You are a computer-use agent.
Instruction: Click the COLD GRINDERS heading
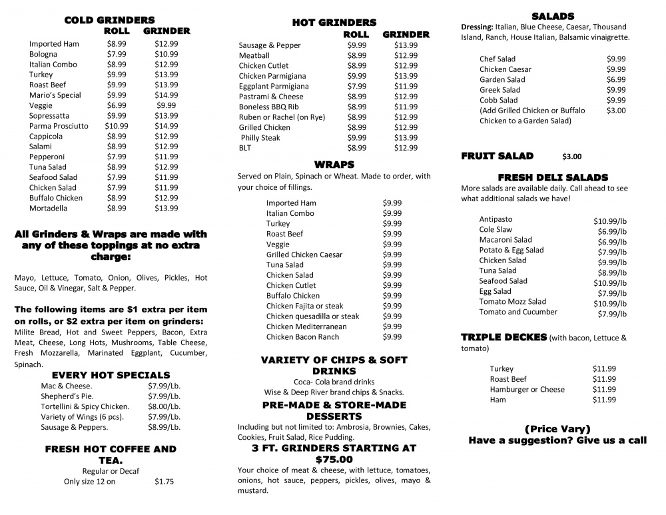pos(109,20)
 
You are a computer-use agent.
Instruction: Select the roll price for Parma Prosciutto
pos(117,126)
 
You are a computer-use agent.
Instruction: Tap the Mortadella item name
pos(48,208)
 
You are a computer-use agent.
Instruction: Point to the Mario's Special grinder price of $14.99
pos(166,95)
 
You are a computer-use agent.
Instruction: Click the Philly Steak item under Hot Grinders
pos(260,138)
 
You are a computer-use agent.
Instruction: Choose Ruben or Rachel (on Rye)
pos(282,117)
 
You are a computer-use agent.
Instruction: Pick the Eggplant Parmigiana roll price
pos(357,87)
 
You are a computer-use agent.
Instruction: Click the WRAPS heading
pos(334,164)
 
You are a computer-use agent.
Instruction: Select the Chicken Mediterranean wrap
pos(306,326)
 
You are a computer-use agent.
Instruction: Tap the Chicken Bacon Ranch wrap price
pos(392,337)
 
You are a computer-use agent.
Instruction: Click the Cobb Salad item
pos(498,100)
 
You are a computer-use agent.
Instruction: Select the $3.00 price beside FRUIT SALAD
pos(571,157)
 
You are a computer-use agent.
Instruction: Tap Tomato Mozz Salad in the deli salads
pos(512,302)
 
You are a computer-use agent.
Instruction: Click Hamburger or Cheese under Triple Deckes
pos(527,389)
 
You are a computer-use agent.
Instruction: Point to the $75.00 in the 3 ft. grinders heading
pos(334,460)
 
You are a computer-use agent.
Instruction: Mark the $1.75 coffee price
pos(164,481)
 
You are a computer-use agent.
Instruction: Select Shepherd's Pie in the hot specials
pos(66,396)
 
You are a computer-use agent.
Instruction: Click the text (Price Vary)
pos(557,428)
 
